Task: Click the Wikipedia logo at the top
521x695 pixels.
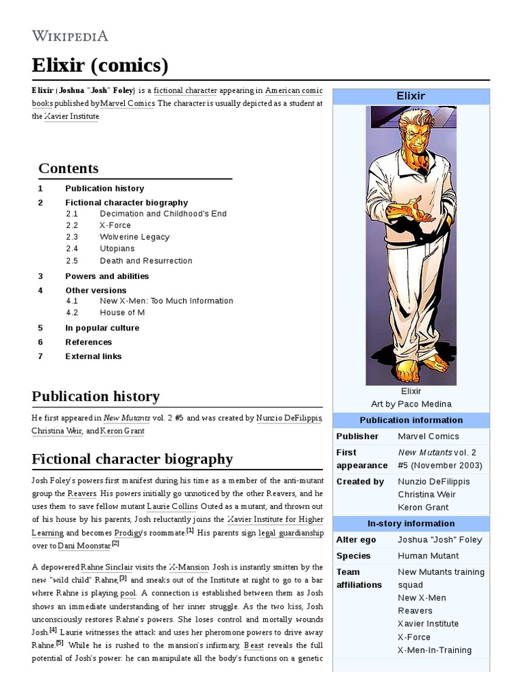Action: click(x=70, y=35)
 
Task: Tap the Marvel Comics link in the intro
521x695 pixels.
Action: click(x=128, y=103)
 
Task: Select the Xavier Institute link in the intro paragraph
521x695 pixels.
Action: click(x=71, y=116)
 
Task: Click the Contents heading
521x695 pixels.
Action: click(x=69, y=168)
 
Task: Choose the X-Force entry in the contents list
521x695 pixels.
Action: click(x=115, y=225)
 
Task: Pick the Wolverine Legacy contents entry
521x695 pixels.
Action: click(x=134, y=237)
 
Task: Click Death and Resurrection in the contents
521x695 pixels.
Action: click(x=146, y=261)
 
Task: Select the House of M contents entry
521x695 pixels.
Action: click(x=122, y=312)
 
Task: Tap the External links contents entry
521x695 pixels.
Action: click(x=94, y=356)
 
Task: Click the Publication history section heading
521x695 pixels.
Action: click(x=96, y=396)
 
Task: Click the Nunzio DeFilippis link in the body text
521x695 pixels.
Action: click(x=284, y=418)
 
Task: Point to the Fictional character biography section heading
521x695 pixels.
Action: click(x=132, y=459)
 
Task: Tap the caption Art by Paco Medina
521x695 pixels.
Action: click(x=411, y=404)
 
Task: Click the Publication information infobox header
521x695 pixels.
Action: click(x=411, y=420)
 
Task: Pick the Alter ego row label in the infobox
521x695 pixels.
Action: click(x=356, y=540)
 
